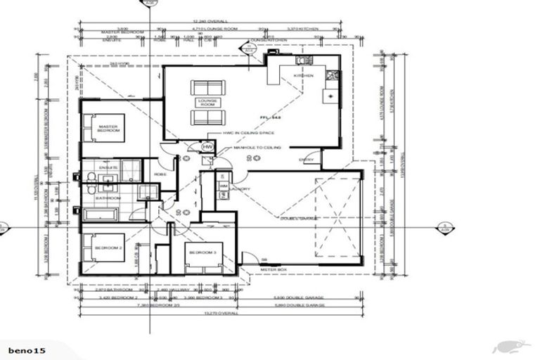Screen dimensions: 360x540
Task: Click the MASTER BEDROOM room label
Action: pos(107,129)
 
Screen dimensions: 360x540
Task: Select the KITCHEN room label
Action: pos(313,75)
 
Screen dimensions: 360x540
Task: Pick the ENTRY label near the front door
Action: pos(307,160)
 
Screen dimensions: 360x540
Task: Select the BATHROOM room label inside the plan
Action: pos(109,198)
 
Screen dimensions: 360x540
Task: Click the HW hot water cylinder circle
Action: pos(207,146)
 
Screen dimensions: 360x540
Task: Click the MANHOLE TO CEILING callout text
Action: pos(257,148)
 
